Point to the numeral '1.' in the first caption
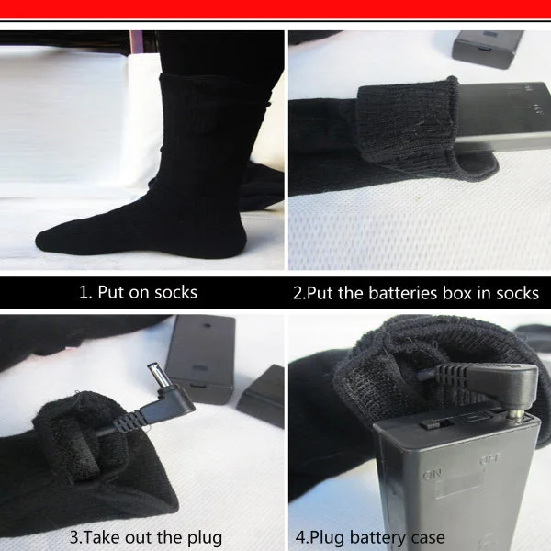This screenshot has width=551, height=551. click(85, 292)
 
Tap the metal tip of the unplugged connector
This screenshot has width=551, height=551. click(157, 375)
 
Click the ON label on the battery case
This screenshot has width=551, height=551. click(432, 475)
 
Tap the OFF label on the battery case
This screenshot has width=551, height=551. click(489, 459)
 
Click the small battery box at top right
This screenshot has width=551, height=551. click(487, 49)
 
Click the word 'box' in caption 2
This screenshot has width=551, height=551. click(456, 293)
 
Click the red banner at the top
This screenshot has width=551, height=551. click(275, 9)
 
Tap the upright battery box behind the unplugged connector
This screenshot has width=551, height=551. click(200, 358)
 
